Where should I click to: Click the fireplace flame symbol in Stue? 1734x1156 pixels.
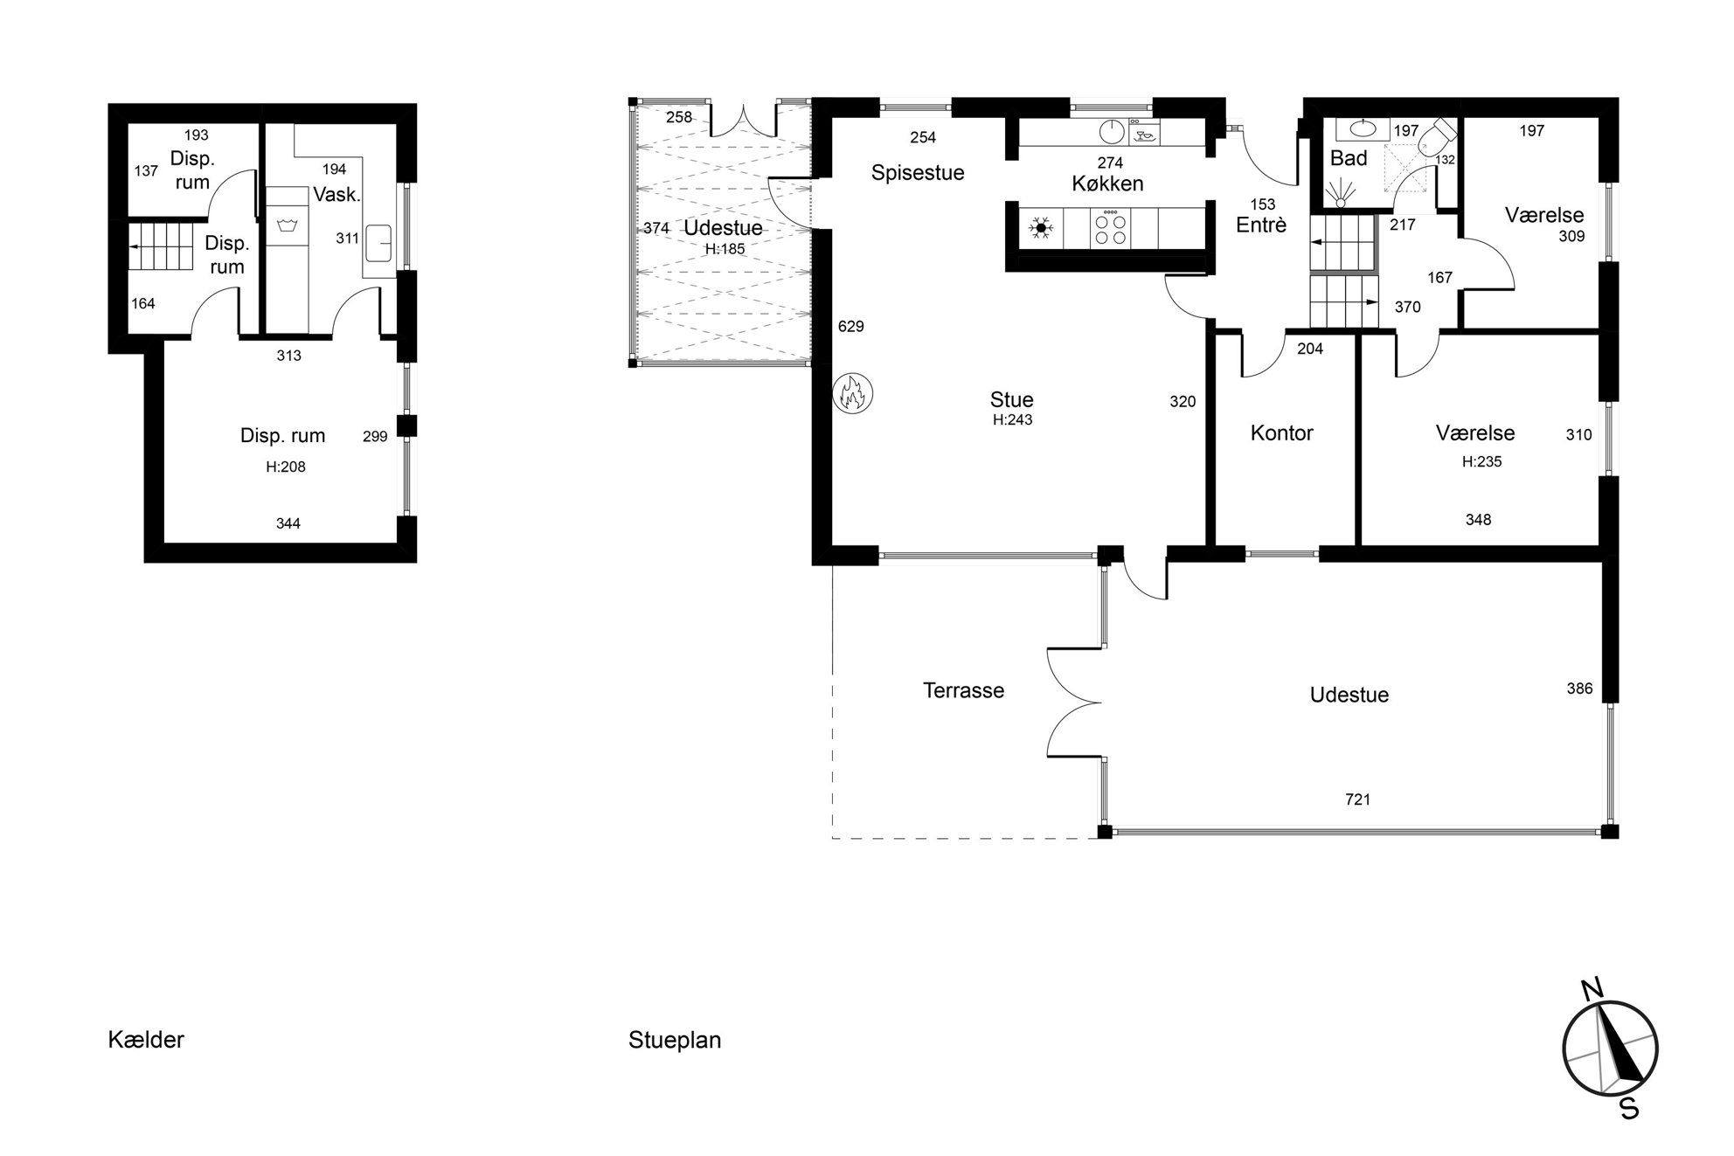pyautogui.click(x=852, y=393)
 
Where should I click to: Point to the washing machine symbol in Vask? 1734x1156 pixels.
pyautogui.click(x=285, y=226)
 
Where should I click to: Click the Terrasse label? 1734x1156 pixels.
pyautogui.click(x=964, y=690)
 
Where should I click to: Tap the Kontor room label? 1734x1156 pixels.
pyautogui.click(x=1281, y=433)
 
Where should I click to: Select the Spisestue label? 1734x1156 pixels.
pyautogui.click(x=918, y=173)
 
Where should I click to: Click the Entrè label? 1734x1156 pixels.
pyautogui.click(x=1261, y=225)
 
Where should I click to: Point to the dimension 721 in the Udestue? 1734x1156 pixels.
pyautogui.click(x=1357, y=800)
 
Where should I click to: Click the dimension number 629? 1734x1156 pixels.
pyautogui.click(x=850, y=326)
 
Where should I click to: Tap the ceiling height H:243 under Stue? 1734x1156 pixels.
pyautogui.click(x=1012, y=420)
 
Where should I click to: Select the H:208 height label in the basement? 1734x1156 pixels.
pyautogui.click(x=286, y=467)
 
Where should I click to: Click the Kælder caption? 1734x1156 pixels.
pyautogui.click(x=146, y=1040)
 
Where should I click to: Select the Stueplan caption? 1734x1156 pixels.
pyautogui.click(x=675, y=1041)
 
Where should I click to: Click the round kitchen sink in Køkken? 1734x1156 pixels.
pyautogui.click(x=1111, y=132)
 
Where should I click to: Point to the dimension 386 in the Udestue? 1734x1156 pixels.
pyautogui.click(x=1579, y=689)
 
